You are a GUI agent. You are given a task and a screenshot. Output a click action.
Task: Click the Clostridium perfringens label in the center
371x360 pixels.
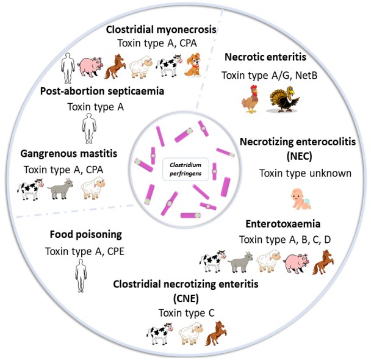[x=185, y=168]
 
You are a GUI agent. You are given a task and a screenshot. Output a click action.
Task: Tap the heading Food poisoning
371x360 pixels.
[x=78, y=233]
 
